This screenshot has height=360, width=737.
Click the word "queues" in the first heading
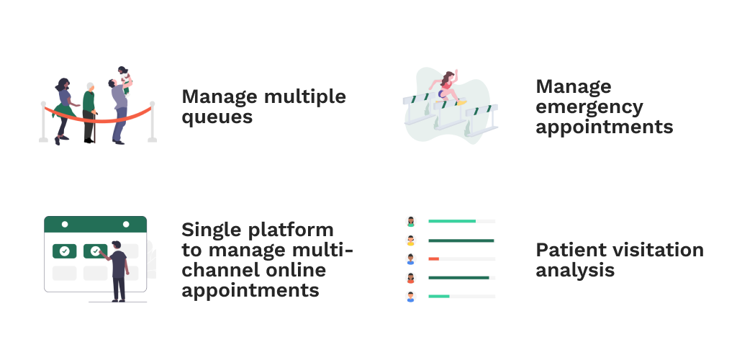pos(217,117)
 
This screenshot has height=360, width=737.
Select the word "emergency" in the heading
pos(589,107)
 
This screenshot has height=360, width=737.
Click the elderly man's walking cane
pos(95,127)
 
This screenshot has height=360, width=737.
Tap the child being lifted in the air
pos(124,78)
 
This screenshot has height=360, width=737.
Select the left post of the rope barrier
pos(43,122)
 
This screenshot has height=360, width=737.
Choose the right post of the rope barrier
pos(152,122)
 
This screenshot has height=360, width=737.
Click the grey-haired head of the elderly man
pos(90,87)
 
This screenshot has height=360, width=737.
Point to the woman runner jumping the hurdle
pos(446,87)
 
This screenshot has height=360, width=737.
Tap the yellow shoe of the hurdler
pos(462,102)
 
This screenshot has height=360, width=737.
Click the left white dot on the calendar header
pos(65,224)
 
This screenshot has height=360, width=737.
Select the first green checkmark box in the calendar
pos(64,251)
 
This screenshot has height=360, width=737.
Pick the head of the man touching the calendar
pos(117,246)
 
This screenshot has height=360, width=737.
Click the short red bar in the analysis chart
pos(433,259)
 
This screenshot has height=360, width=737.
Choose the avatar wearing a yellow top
pos(411,240)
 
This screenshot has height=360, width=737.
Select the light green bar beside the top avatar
pos(452,221)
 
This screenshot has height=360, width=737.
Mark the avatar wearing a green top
pos(411,221)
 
